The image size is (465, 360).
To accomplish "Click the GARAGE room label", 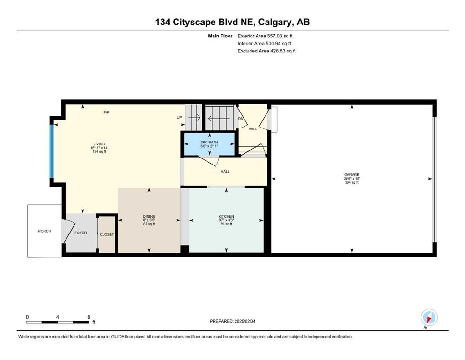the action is [x=352, y=175].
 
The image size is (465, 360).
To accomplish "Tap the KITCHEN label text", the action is [x=226, y=217].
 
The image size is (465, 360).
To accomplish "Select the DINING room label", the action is [x=149, y=217].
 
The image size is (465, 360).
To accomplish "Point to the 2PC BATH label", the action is [x=209, y=142].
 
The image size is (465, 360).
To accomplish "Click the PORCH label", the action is [x=44, y=231].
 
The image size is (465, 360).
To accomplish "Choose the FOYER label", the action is [x=81, y=233].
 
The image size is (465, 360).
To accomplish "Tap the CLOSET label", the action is [x=107, y=234].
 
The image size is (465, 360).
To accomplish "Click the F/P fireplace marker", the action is [x=106, y=112].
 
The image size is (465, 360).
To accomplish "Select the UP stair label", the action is [x=179, y=117].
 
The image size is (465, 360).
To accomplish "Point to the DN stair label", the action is [x=241, y=119].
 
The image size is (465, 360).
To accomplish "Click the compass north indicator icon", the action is [x=429, y=317].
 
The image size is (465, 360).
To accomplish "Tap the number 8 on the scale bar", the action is [x=89, y=317].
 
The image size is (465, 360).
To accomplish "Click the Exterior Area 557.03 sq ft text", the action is [x=265, y=36].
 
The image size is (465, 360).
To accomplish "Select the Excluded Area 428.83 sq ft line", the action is [x=266, y=51].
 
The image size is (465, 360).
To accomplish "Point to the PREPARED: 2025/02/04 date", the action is [x=232, y=321].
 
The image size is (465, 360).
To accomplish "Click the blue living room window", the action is [x=52, y=151].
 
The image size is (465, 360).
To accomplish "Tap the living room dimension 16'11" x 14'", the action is [x=99, y=148].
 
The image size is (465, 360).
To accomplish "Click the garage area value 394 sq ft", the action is [x=352, y=182].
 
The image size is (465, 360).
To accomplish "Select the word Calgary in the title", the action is [x=274, y=22].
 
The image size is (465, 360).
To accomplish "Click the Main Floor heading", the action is [x=220, y=36].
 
